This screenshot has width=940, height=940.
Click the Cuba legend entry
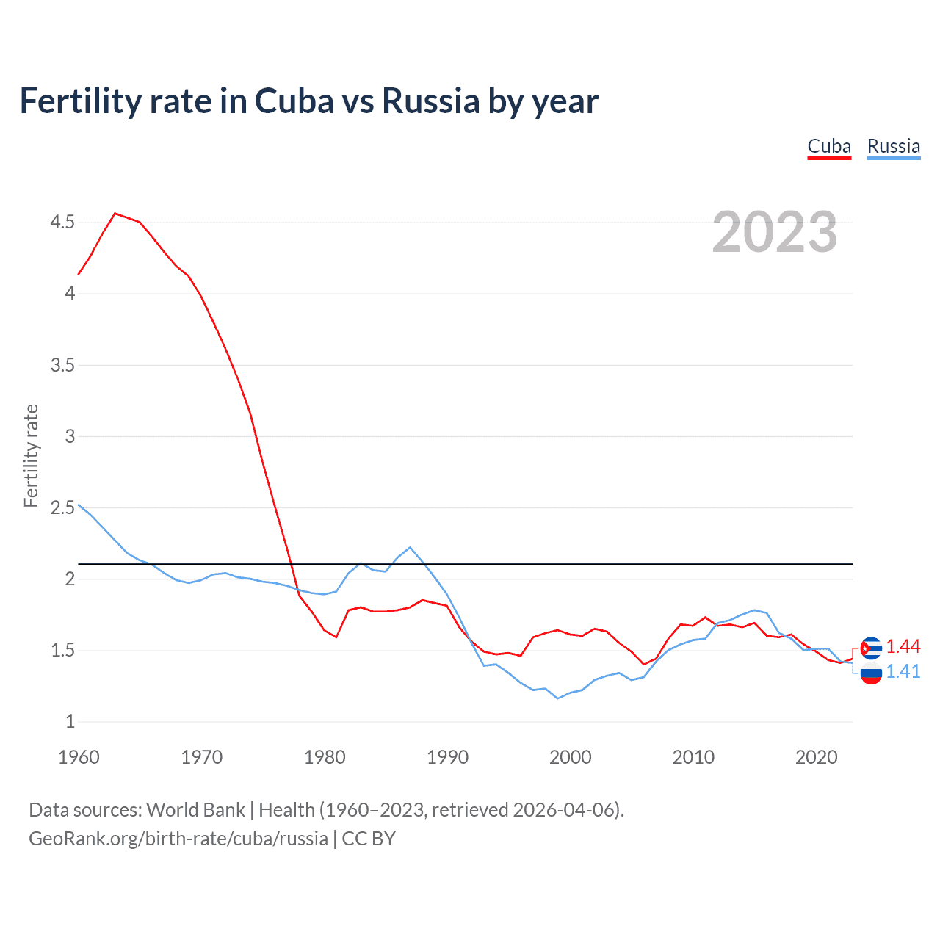pos(829,146)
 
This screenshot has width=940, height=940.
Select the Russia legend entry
pos(893,146)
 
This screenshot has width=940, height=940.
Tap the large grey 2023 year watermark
pos(774,232)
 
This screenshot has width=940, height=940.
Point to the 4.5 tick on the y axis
pos(62,222)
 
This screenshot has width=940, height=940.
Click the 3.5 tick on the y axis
pos(62,365)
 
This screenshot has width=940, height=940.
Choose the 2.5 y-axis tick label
pos(62,507)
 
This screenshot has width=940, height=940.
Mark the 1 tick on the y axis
pos(70,722)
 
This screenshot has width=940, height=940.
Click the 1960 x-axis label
pos(79,757)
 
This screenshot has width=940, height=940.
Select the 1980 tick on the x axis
pos(325,757)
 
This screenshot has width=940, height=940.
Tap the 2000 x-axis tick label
pos(570,757)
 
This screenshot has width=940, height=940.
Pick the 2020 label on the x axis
pos(816,757)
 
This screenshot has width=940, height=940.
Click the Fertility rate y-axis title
pos(31,455)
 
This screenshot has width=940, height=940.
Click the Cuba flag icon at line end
pos(871,648)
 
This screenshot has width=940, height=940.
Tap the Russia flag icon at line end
pos(871,673)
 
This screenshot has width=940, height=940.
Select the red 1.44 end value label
pos(903,646)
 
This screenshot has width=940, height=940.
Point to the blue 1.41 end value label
pos(903,671)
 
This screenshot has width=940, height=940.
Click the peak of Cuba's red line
pos(115,213)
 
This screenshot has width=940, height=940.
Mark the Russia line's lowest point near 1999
pos(557,698)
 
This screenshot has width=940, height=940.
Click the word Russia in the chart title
pos(430,101)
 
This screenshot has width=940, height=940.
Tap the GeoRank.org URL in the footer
pos(178,839)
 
